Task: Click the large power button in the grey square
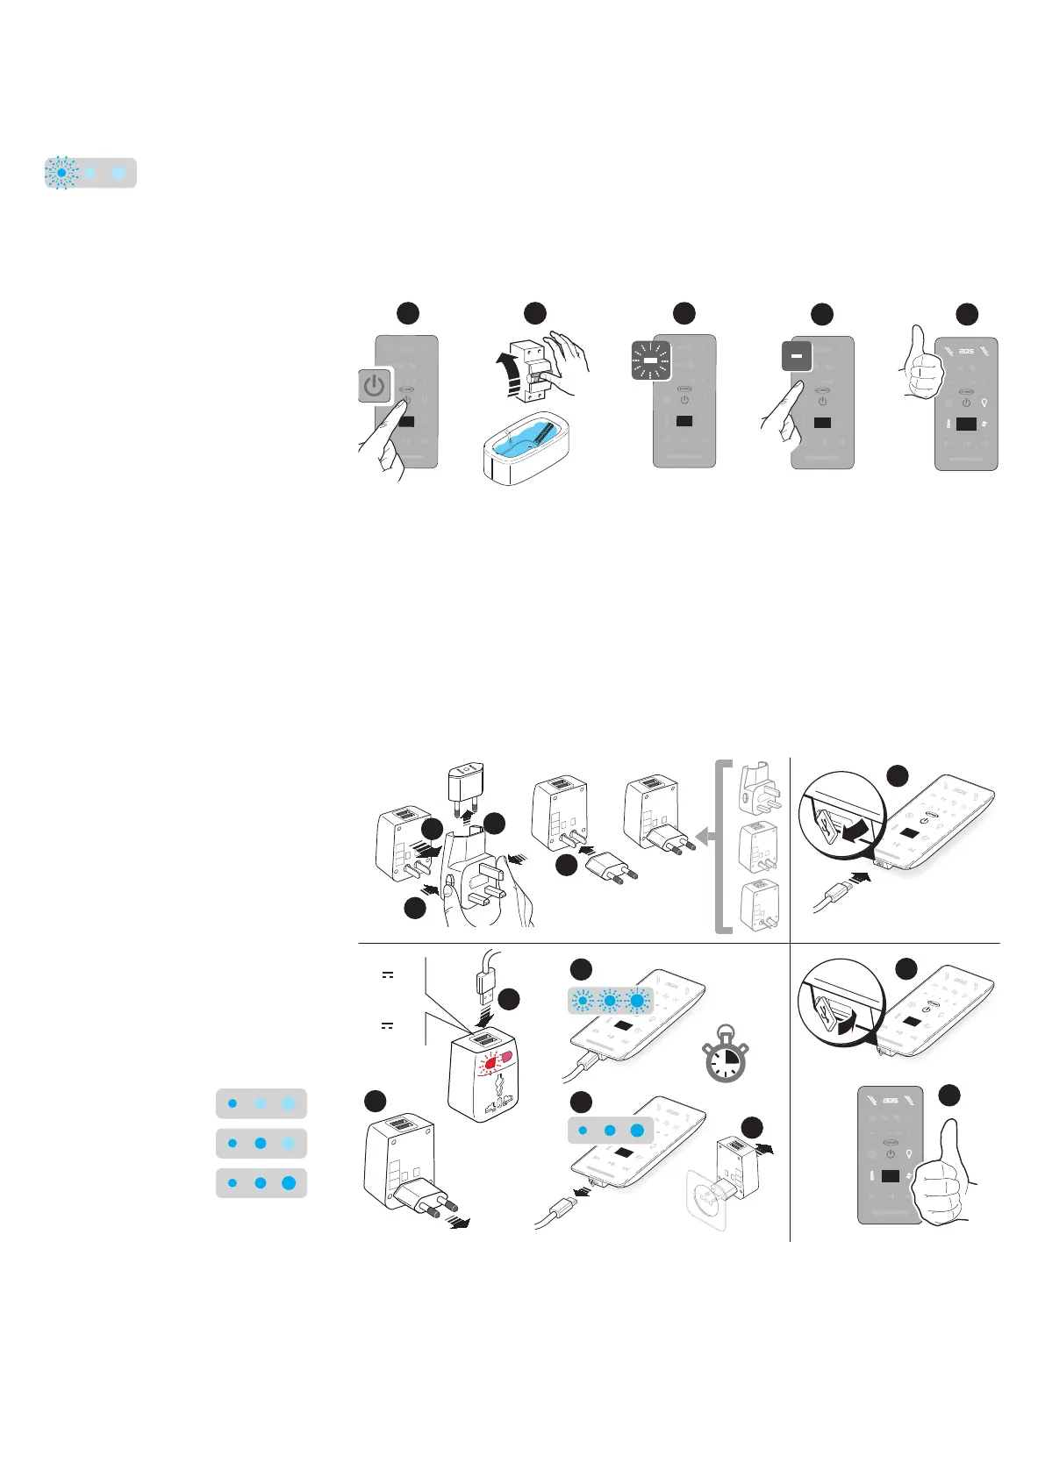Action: (x=375, y=386)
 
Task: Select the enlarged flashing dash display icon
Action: (x=651, y=360)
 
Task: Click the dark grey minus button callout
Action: (x=797, y=356)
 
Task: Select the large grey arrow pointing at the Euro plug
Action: (x=704, y=836)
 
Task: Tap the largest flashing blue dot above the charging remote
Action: (x=637, y=1000)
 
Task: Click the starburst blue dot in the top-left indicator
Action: (x=62, y=174)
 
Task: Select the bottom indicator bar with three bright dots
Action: (x=261, y=1183)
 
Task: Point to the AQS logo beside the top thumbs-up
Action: (x=965, y=352)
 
